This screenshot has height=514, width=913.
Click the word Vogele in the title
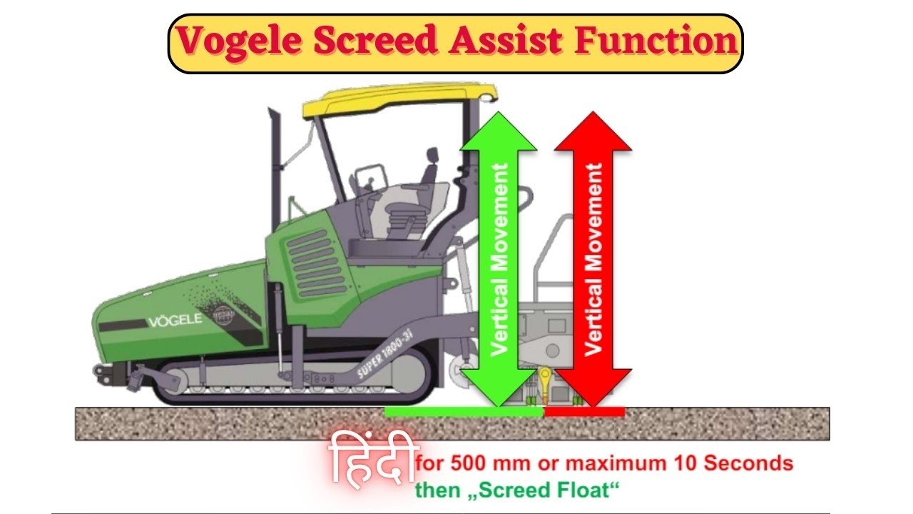click(x=234, y=42)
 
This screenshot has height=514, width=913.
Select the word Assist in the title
click(x=505, y=42)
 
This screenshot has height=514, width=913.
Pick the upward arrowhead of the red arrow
click(x=593, y=131)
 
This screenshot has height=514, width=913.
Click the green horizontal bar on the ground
click(x=464, y=411)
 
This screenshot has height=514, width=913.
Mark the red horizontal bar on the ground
click(x=584, y=411)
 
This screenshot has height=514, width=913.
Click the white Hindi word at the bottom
click(x=371, y=460)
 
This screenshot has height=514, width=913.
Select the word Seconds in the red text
click(x=748, y=463)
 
